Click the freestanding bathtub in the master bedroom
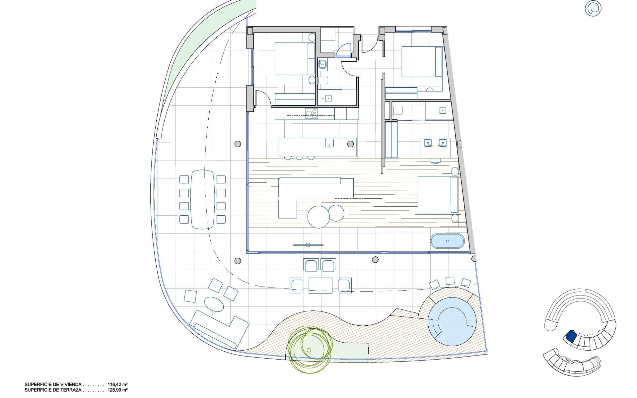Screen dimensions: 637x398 click(448, 241)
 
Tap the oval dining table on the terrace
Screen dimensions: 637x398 click(202, 199)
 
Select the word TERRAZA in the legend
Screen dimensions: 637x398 click(70, 390)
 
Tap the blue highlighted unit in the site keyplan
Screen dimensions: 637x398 click(571, 336)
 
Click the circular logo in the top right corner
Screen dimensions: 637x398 click(593, 8)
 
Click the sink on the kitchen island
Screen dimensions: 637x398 click(329, 143)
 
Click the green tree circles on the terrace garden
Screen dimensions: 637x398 click(309, 350)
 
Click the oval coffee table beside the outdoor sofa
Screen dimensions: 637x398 click(213, 303)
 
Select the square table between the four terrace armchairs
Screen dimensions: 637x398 click(320, 286)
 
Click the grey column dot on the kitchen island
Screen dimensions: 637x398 click(351, 144)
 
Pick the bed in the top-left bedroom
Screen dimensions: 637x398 click(295, 58)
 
